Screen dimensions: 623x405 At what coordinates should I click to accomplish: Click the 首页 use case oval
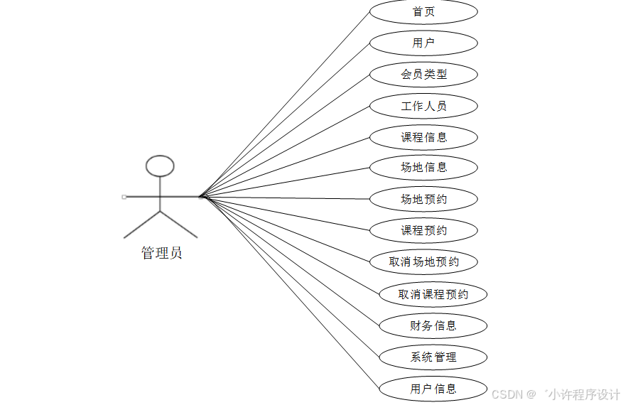423,12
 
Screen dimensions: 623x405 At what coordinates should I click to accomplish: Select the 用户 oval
423,43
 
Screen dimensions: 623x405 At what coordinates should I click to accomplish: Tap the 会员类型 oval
423,75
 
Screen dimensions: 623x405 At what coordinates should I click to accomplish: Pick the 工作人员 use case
423,107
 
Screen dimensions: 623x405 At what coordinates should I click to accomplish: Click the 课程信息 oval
423,137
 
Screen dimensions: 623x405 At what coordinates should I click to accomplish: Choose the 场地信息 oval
423,168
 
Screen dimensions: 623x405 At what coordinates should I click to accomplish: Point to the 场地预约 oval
423,200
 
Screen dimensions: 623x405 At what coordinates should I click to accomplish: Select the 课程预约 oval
423,231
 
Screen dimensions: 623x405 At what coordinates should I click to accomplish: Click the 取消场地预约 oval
423,262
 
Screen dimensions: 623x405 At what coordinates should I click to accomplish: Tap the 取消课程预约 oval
433,294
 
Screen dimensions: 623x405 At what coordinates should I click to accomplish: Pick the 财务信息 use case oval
433,326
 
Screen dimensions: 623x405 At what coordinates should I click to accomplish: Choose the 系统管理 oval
433,357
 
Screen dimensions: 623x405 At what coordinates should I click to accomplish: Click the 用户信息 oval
433,389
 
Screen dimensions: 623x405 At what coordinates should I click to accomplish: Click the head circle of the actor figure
160,166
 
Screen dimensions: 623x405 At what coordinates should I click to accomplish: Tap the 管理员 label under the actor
162,253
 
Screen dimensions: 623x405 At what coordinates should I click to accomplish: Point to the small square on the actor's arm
124,196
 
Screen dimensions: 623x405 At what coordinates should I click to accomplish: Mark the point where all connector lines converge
201,196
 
